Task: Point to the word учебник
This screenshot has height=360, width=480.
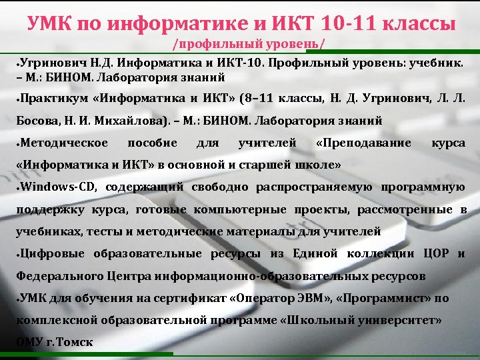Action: click(x=437, y=62)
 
